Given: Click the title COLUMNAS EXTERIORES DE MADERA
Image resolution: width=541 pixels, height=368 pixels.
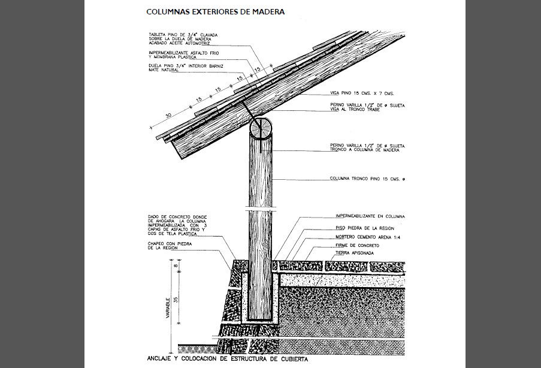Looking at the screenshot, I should click(x=215, y=11).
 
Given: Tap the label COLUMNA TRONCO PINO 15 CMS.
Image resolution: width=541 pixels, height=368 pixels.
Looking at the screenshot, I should click(x=368, y=178).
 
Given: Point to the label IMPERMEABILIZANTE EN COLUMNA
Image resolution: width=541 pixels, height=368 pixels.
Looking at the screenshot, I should click(x=370, y=216).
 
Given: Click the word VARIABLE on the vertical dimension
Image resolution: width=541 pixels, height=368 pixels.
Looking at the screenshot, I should click(x=169, y=306).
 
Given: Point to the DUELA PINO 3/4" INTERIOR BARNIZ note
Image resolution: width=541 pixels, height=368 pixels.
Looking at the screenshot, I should click(x=185, y=68).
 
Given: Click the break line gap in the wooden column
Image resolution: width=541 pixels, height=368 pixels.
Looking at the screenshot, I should click(x=261, y=209).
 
